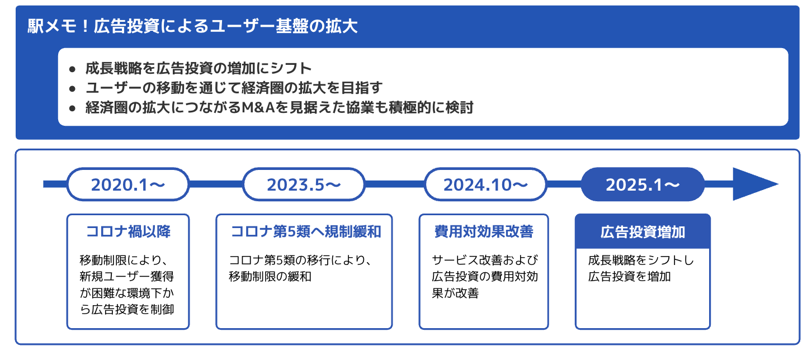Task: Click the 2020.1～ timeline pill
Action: pyautogui.click(x=128, y=184)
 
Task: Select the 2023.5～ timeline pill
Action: pyautogui.click(x=304, y=184)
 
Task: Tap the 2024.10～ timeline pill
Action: pyautogui.click(x=485, y=184)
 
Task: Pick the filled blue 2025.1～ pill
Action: pyautogui.click(x=643, y=184)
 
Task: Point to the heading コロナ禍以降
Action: pyautogui.click(x=128, y=231)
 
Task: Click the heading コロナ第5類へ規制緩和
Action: pyautogui.click(x=305, y=231)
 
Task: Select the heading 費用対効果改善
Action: pyautogui.click(x=484, y=231)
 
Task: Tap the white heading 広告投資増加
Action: pyautogui.click(x=643, y=232)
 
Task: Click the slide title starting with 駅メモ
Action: pyautogui.click(x=192, y=26)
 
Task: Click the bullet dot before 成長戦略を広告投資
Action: pyautogui.click(x=72, y=69)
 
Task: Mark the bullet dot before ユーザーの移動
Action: pyautogui.click(x=72, y=88)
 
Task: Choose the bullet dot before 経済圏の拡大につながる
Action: pyautogui.click(x=72, y=108)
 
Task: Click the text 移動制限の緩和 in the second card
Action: pyautogui.click(x=270, y=277)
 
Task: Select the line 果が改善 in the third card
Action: pyautogui.click(x=455, y=293)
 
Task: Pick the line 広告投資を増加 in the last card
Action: pyautogui.click(x=629, y=277)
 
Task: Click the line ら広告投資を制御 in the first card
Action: pyautogui.click(x=127, y=309)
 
